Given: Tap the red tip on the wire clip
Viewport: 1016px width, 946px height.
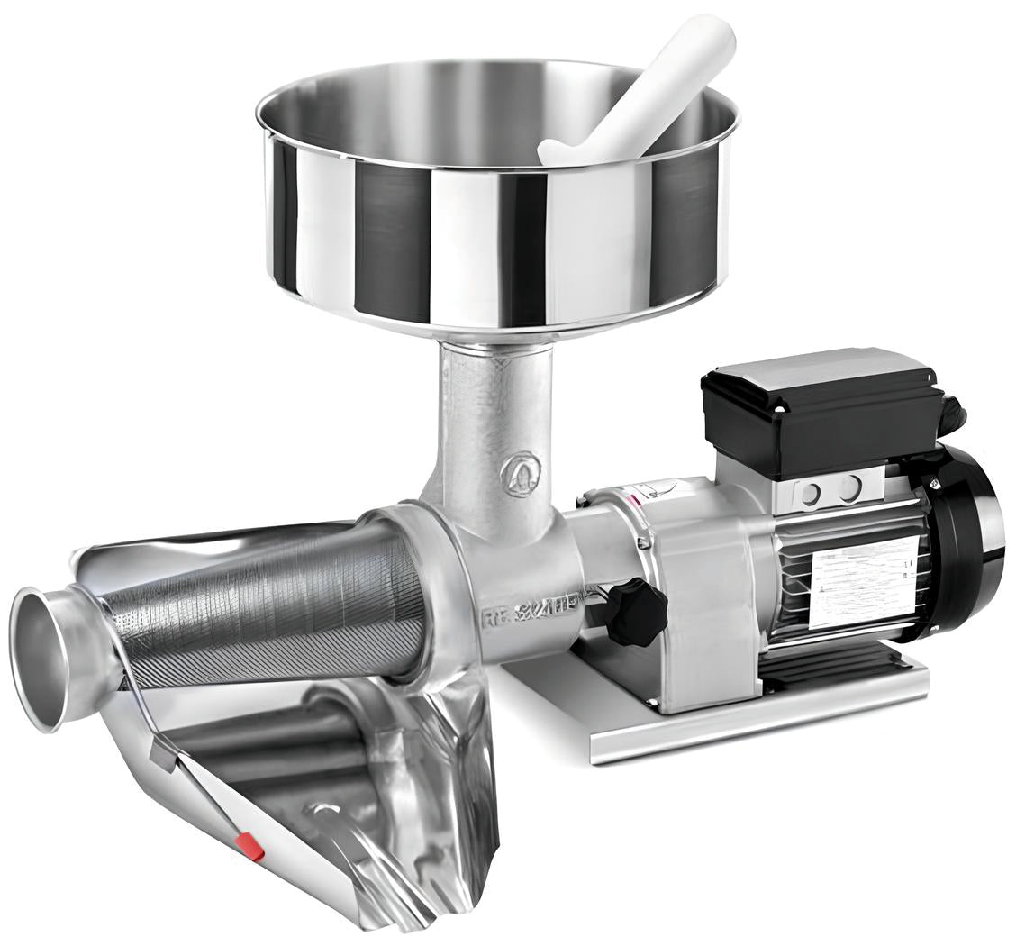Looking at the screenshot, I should tap(249, 847).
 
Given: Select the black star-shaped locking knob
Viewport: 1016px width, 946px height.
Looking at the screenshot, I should tap(636, 612).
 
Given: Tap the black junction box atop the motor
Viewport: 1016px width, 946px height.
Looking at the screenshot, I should tap(820, 410).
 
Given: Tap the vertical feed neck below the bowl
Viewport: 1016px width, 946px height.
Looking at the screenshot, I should tap(486, 414).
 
